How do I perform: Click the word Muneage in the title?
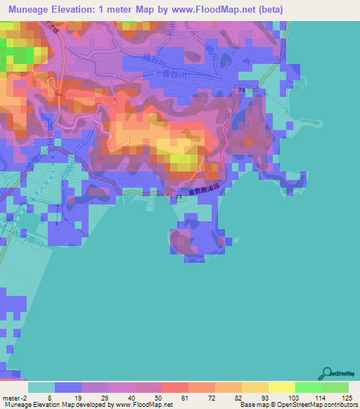coord(28,9)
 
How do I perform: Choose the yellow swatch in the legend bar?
coord(281,387)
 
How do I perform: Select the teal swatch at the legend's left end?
coord(41,387)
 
